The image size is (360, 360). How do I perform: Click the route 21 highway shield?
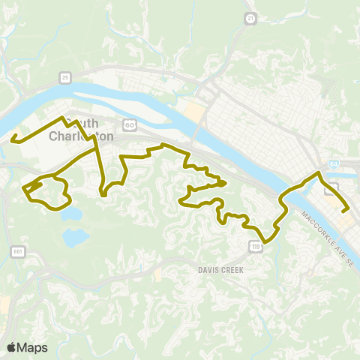pos(250,16)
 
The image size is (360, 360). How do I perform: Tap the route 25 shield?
pos(66,76)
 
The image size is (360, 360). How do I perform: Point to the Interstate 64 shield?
pos(332,164)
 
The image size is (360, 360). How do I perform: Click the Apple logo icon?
pos(11,347)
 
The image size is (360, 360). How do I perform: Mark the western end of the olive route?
pos(13,136)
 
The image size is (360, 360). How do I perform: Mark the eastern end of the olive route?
pos(349,211)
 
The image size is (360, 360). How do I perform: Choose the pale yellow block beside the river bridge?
pos(194,113)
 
